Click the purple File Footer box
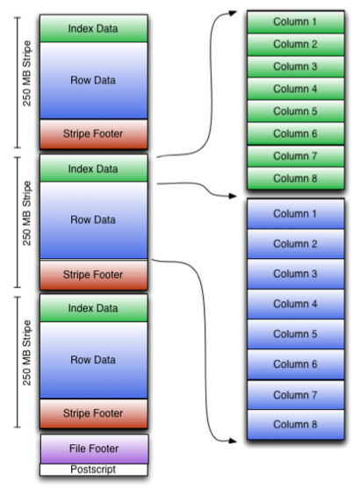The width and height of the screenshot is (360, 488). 94,449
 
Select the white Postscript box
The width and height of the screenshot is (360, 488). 94,470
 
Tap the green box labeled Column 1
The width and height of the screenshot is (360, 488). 294,20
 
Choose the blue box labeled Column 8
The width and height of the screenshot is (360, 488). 294,424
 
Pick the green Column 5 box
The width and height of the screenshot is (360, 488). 294,111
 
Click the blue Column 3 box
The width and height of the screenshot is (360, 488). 294,273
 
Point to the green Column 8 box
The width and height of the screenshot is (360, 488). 294,178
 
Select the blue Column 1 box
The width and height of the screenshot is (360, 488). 294,213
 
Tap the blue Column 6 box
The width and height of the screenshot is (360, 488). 294,363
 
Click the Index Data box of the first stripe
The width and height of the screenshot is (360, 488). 94,29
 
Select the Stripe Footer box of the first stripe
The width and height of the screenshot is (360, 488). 94,134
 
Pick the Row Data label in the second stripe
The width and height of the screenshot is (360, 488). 94,219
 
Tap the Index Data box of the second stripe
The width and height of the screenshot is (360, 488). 94,169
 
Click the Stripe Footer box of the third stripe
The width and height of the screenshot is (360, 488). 94,412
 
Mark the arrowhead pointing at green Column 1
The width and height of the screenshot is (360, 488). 241,13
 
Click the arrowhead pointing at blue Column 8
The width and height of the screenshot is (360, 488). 241,438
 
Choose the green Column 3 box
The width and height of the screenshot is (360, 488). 294,66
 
